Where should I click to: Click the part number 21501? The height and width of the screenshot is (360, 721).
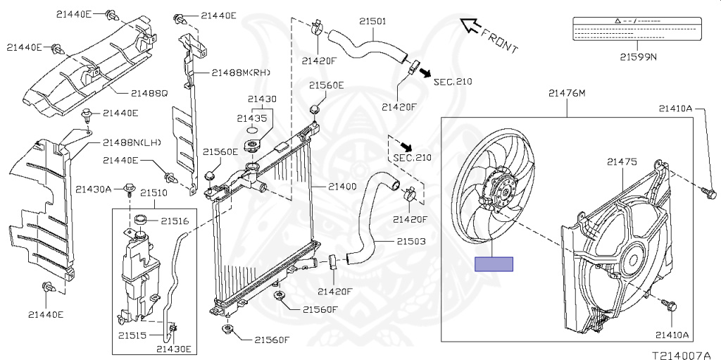click(x=372, y=22)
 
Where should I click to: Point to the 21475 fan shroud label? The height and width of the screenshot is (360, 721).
click(x=622, y=162)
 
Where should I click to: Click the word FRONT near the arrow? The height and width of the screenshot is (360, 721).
click(x=501, y=42)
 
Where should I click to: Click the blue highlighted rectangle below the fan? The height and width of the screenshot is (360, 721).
click(x=494, y=264)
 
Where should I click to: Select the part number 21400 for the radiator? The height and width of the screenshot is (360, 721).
click(x=342, y=187)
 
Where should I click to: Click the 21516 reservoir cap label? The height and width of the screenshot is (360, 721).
click(x=175, y=221)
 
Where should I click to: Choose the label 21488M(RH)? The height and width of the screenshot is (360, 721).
click(x=241, y=73)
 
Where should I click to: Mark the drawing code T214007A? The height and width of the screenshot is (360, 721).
click(x=682, y=349)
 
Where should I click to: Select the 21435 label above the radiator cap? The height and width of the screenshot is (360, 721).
click(x=251, y=118)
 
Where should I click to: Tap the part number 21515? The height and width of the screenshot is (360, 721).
click(x=132, y=335)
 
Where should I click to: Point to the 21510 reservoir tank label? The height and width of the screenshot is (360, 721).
click(x=153, y=193)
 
